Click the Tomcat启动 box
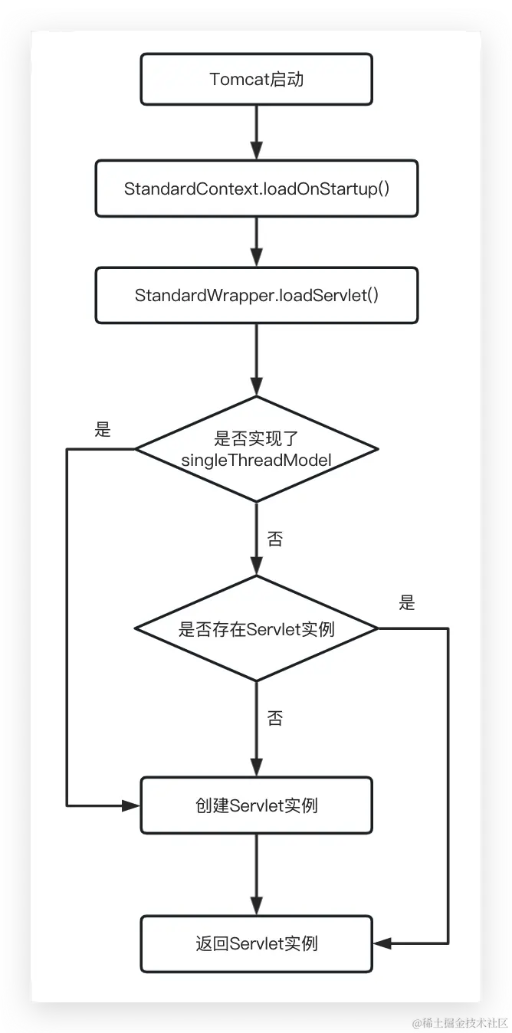click(x=256, y=79)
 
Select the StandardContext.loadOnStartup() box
click(x=256, y=189)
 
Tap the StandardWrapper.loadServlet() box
click(x=256, y=295)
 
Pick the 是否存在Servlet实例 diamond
click(x=256, y=629)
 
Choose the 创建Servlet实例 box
click(x=256, y=805)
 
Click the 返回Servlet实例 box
click(x=256, y=943)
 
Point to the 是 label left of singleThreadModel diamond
click(x=103, y=430)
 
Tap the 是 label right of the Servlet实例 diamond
click(x=407, y=603)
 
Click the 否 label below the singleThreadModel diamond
click(x=274, y=539)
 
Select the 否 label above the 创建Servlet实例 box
click(x=274, y=718)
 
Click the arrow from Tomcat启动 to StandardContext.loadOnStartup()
click(x=256, y=132)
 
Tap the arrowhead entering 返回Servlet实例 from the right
click(x=382, y=943)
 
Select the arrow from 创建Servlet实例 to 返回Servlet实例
click(x=256, y=874)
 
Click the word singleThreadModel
click(x=256, y=460)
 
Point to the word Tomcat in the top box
click(x=239, y=79)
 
